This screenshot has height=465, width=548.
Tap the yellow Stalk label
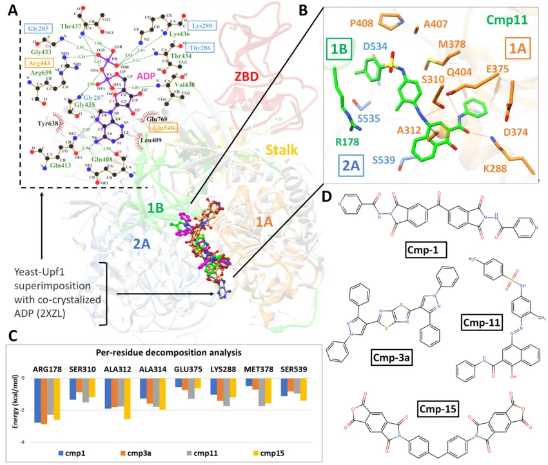[x=282, y=151]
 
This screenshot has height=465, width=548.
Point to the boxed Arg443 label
[x=37, y=63]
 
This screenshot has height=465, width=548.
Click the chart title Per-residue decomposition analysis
[x=169, y=354]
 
